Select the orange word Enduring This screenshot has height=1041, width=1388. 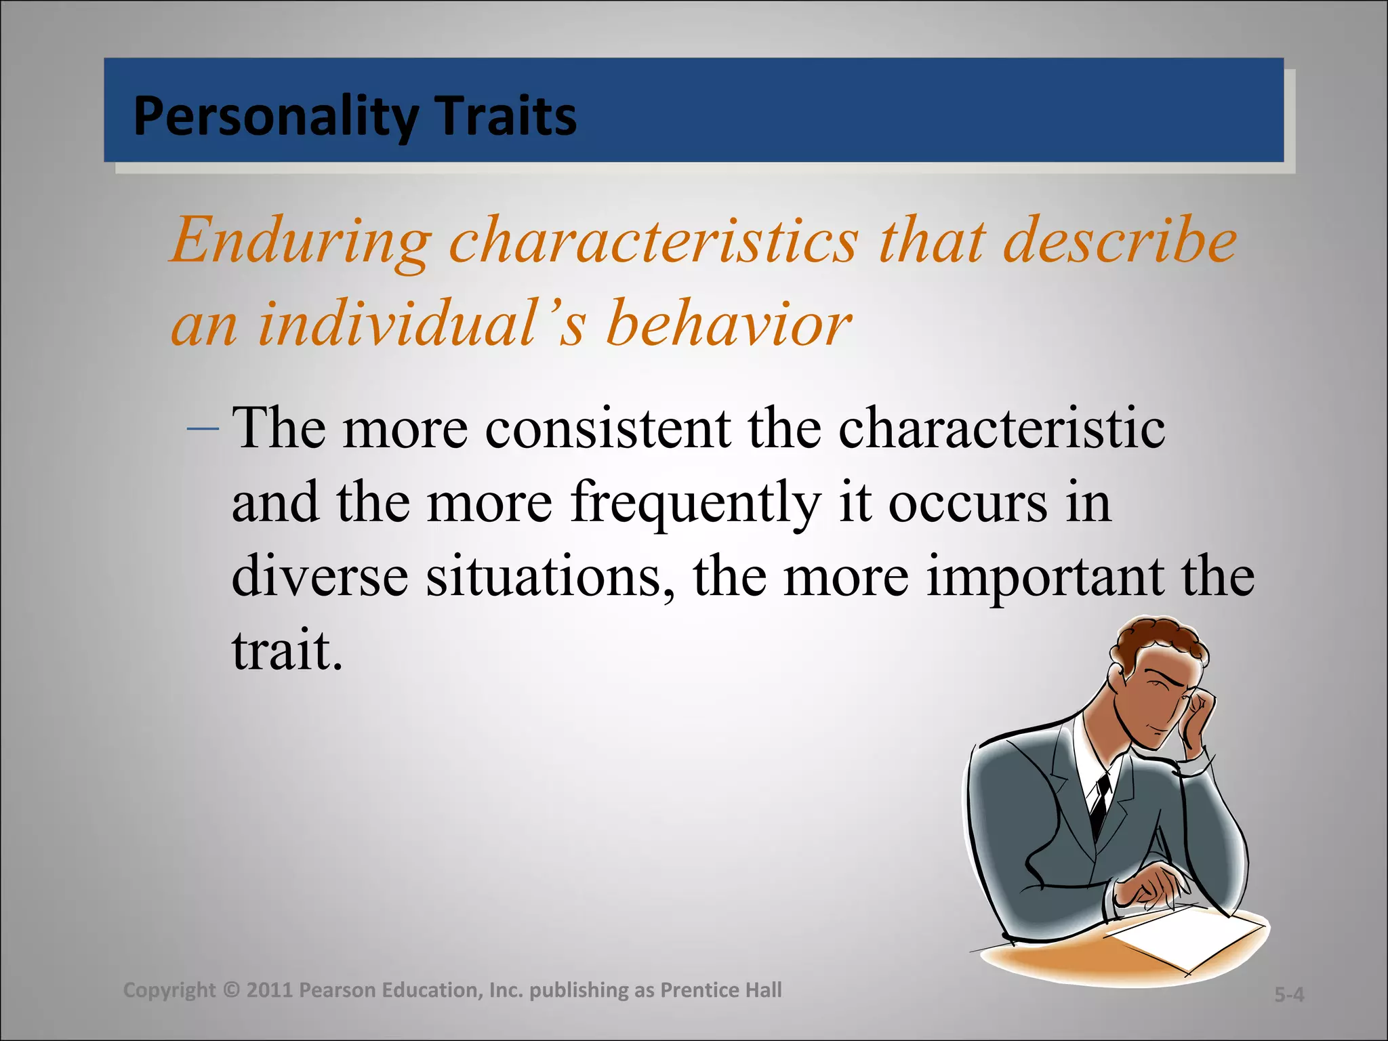click(x=300, y=241)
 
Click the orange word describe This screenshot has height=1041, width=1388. click(x=1120, y=241)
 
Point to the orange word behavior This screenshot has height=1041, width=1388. click(x=728, y=324)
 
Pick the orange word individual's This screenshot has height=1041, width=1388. click(x=420, y=324)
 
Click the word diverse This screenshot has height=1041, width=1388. click(x=320, y=576)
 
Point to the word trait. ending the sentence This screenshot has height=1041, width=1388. click(x=287, y=651)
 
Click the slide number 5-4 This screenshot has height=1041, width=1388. click(x=1288, y=994)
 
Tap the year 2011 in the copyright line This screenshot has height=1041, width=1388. click(x=269, y=990)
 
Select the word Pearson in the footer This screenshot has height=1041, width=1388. click(x=337, y=990)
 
